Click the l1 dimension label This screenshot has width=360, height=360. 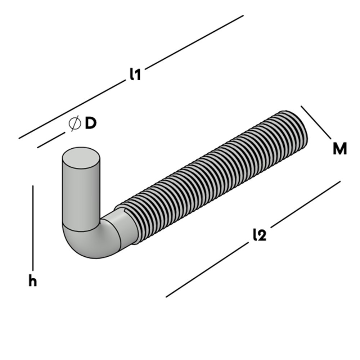click(x=135, y=74)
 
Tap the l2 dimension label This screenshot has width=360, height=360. click(x=259, y=235)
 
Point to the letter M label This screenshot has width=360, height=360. click(x=339, y=149)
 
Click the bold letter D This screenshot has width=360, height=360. click(x=91, y=123)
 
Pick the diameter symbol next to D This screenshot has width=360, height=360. click(x=75, y=124)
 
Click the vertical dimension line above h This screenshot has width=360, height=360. click(x=33, y=227)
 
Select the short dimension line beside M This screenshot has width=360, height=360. click(x=316, y=122)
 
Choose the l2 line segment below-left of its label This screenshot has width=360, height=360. click(x=207, y=270)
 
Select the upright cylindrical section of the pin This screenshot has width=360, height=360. click(x=81, y=194)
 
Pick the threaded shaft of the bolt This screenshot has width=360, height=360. click(x=216, y=176)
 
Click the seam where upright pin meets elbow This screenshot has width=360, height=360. click(x=81, y=229)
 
